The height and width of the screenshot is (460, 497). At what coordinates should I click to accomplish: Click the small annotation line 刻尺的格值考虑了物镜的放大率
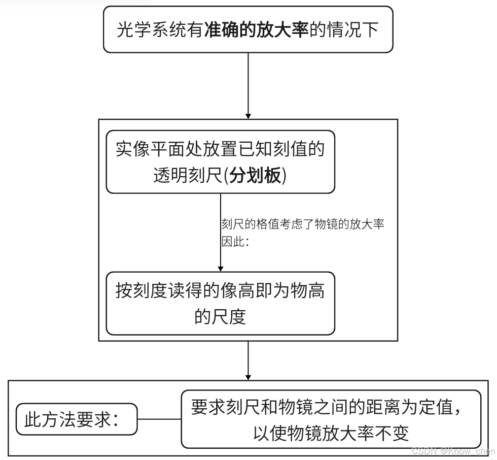click(303, 224)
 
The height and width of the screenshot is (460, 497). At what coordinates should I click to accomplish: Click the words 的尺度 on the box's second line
click(220, 317)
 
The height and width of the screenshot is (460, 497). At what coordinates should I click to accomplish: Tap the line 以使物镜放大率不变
click(331, 433)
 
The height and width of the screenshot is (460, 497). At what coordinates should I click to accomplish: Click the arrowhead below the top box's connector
click(248, 114)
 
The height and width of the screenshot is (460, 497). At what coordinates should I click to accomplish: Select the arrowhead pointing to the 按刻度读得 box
click(220, 267)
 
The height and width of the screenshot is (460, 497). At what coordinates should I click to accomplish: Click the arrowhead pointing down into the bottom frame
click(248, 375)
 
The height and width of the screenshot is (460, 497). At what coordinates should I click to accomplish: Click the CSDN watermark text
click(453, 451)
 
